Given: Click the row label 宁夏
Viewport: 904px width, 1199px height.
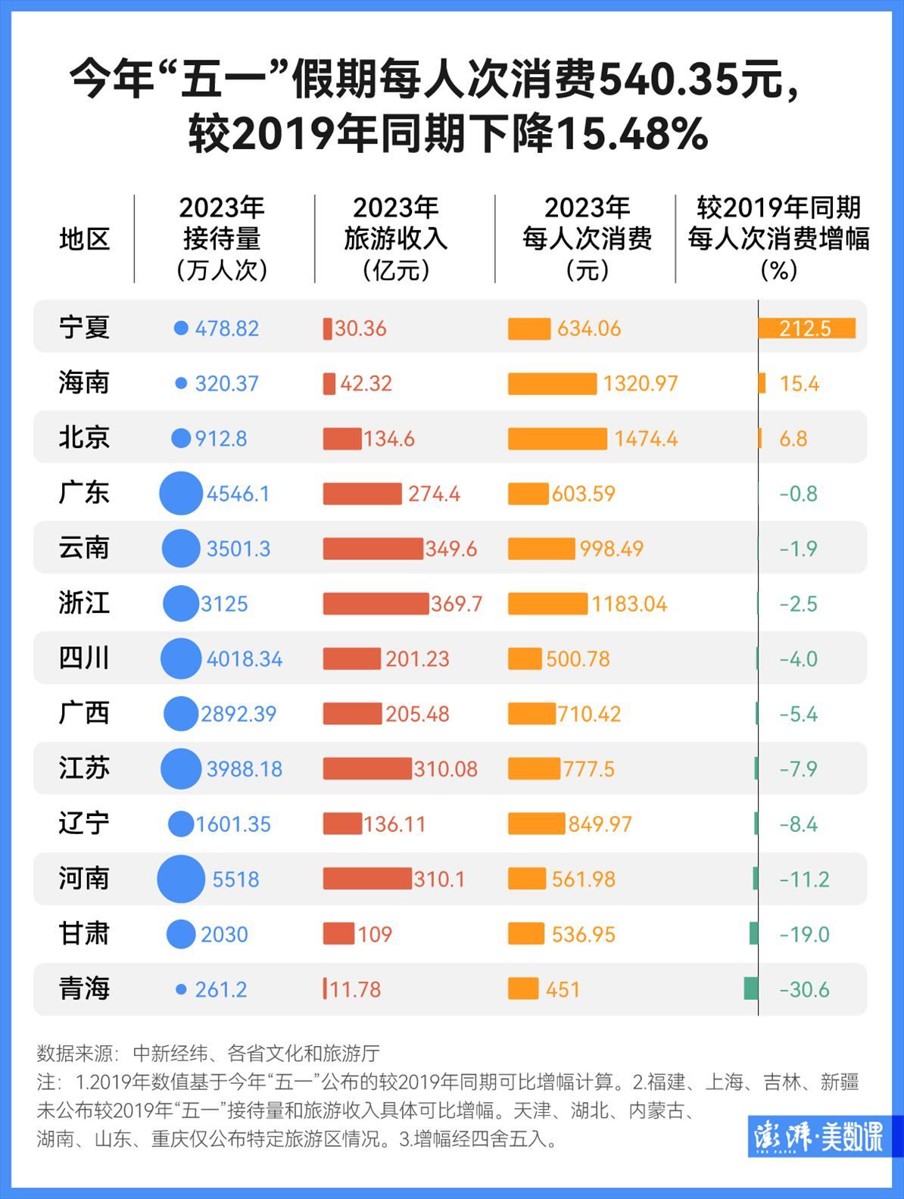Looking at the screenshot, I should point(84,328).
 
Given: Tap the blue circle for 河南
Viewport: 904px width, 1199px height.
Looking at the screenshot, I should point(181,879).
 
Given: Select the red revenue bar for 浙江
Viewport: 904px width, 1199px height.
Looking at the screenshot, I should point(376,603).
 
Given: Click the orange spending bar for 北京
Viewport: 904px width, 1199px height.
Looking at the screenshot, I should point(557,438).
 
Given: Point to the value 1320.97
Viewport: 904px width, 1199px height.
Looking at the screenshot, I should point(640,384).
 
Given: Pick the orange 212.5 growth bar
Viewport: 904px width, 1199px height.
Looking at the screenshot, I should point(806,328).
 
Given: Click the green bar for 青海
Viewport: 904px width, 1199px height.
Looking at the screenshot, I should point(751,989).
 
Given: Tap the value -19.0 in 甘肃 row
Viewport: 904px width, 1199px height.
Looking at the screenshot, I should point(804,934).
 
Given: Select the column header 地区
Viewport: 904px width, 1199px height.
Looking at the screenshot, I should point(84,239).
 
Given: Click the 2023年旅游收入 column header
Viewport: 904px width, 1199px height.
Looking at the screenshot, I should point(396,238).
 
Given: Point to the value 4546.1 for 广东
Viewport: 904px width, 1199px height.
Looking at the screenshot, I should point(238,494).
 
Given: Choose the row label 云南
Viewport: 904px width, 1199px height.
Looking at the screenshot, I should point(84,548).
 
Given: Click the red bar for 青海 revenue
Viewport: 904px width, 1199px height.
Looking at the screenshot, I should point(325,989).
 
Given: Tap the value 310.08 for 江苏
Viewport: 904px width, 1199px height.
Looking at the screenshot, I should point(445,769).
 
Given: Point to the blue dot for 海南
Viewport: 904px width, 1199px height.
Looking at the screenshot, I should point(181,384).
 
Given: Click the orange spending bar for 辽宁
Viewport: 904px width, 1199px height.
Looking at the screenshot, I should point(536,824).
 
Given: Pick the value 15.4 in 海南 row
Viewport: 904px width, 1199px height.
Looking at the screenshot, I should point(799,384).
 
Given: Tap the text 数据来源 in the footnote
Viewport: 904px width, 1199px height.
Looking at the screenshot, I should point(74,1053).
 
